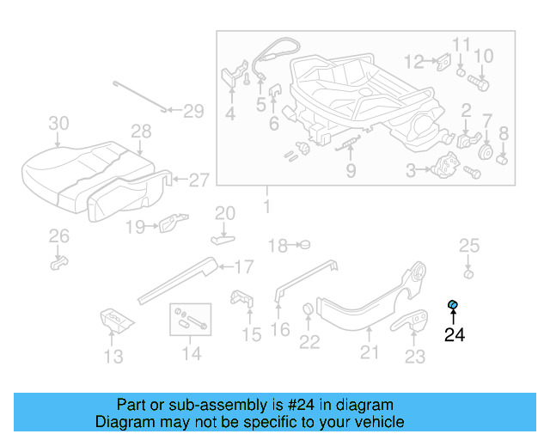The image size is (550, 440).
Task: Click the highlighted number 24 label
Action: click(454, 334)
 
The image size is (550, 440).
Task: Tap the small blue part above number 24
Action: click(453, 304)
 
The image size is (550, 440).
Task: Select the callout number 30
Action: click(58, 124)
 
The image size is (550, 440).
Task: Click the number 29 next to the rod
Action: click(193, 110)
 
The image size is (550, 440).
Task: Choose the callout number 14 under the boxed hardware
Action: click(191, 353)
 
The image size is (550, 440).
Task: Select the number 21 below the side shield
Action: click(369, 351)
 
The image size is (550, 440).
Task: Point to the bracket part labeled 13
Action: click(115, 320)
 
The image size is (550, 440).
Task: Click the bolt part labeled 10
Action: click(479, 84)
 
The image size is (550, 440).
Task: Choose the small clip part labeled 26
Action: click(58, 260)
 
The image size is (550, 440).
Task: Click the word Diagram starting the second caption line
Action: click(126, 422)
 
